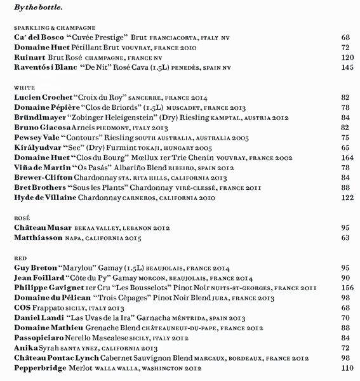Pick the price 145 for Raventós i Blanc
click(x=346, y=67)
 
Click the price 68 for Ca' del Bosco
click(x=346, y=38)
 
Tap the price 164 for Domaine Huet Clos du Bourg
click(x=346, y=157)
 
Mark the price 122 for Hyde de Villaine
click(x=346, y=197)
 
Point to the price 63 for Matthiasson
click(x=346, y=237)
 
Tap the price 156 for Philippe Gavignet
click(x=346, y=288)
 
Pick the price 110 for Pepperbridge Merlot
click(x=346, y=368)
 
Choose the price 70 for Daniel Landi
click(x=346, y=317)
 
